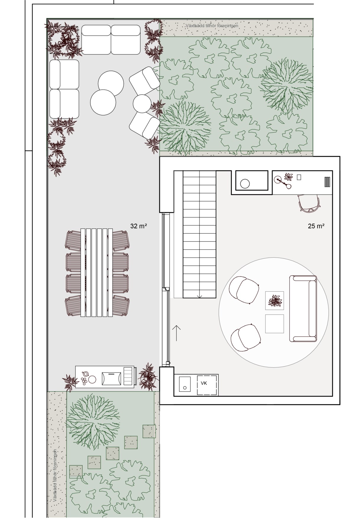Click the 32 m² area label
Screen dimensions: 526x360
pyautogui.click(x=139, y=226)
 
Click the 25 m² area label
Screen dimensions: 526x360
pyautogui.click(x=316, y=226)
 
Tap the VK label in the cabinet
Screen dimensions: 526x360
pyautogui.click(x=204, y=383)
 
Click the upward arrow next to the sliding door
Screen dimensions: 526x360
pyautogui.click(x=176, y=333)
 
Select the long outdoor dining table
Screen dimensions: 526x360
pyautogui.click(x=97, y=272)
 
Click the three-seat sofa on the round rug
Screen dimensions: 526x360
pyautogui.click(x=303, y=309)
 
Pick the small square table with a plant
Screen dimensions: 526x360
pyautogui.click(x=275, y=301)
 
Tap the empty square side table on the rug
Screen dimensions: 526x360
pyautogui.click(x=274, y=324)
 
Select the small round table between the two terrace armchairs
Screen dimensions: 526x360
pyautogui.click(x=142, y=103)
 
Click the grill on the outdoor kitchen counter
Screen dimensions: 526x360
pyautogui.click(x=111, y=379)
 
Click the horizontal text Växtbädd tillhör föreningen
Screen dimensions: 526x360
pyautogui.click(x=212, y=26)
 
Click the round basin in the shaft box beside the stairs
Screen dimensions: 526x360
pyautogui.click(x=245, y=184)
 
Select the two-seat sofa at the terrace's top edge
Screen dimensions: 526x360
pyautogui.click(x=111, y=40)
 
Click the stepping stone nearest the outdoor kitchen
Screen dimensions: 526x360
pyautogui.click(x=149, y=431)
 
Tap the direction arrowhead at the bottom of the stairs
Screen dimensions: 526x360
pyautogui.click(x=200, y=296)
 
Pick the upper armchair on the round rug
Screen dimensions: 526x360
pyautogui.click(x=245, y=290)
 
